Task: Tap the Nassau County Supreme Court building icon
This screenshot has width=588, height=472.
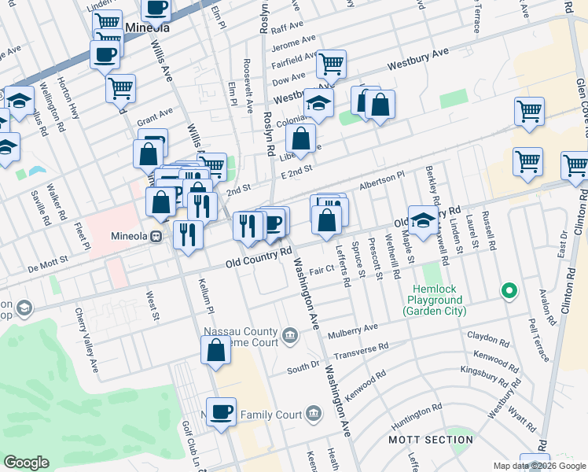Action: pyautogui.click(x=290, y=336)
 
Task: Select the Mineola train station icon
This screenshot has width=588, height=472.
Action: pyautogui.click(x=156, y=235)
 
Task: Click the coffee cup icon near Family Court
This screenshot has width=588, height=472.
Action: pyautogui.click(x=222, y=412)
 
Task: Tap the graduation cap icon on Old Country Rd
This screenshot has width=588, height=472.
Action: pyautogui.click(x=422, y=223)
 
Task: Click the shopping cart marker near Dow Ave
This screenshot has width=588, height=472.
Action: pyautogui.click(x=331, y=65)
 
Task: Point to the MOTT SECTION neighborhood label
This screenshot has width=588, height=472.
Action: pyautogui.click(x=431, y=439)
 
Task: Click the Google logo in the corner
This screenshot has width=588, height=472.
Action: pyautogui.click(x=27, y=463)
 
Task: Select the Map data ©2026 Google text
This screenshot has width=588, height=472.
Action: pyautogui.click(x=539, y=466)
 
